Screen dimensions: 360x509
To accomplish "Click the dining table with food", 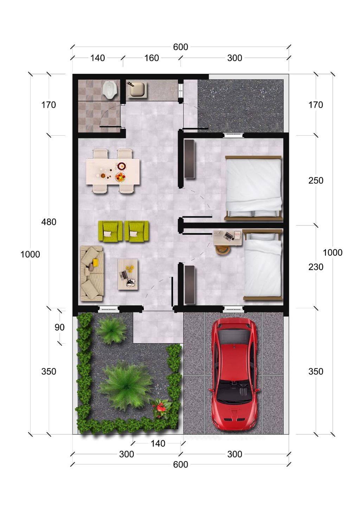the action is coord(113,171).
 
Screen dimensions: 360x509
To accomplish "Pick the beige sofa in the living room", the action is coord(92,274).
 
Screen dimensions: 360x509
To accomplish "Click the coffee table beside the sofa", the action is coord(128,274).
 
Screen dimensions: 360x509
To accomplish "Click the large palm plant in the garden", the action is coord(126,385).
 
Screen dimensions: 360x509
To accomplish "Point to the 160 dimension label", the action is coord(152,58).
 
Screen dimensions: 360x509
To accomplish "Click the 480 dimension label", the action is coord(49,222).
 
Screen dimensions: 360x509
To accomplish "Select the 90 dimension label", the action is coord(59,327).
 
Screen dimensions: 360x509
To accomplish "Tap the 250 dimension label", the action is coord(316,181).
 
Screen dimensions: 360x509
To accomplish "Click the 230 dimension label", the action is coord(316,267).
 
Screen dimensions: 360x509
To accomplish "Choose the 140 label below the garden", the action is coord(158,443).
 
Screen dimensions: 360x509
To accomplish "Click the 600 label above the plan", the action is coord(180,47).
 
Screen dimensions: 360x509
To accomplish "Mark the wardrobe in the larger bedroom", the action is coord(190,159).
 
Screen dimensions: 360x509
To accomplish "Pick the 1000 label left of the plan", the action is coord(30,254).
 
